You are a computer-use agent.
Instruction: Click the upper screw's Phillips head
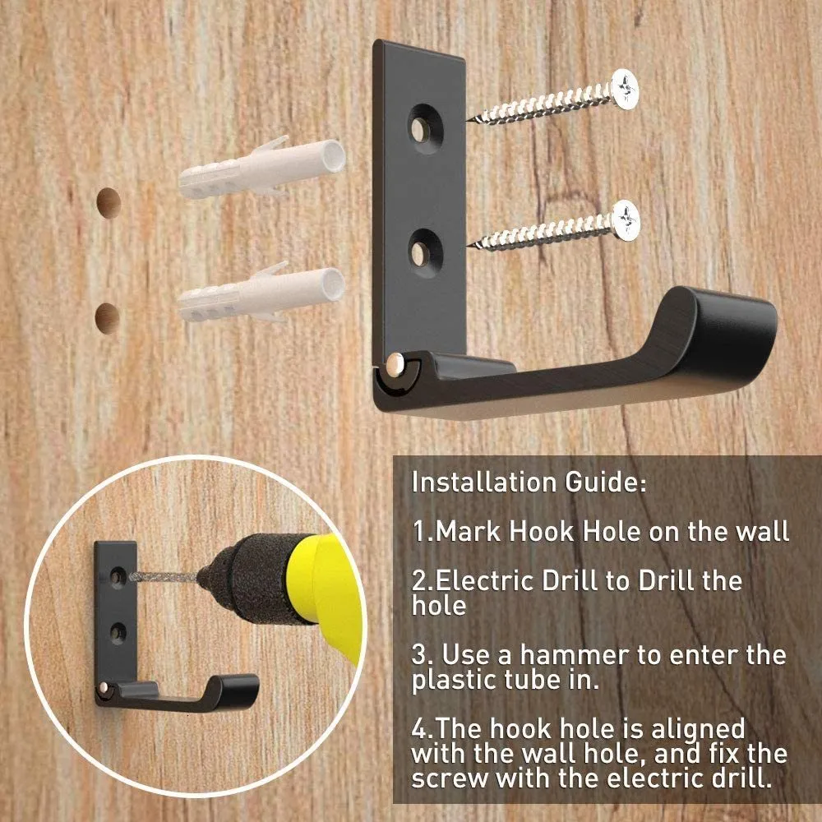click(x=625, y=89)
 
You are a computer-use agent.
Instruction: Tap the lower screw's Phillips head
click(x=626, y=220)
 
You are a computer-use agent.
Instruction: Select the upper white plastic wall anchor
click(x=262, y=167)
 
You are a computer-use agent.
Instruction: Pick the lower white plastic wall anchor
click(x=261, y=292)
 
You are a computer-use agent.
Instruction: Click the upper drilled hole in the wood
click(x=109, y=202)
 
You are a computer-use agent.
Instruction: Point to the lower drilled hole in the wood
click(x=108, y=318)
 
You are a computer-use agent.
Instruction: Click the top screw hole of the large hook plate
click(x=426, y=129)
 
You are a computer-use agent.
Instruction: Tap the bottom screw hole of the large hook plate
click(x=425, y=253)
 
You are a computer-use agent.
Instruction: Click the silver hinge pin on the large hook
click(x=396, y=363)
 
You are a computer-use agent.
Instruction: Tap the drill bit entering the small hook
click(x=163, y=578)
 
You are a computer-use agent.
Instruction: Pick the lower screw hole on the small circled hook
click(x=118, y=633)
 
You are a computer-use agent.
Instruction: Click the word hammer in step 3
click(x=575, y=655)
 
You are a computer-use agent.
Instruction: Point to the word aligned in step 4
click(x=698, y=729)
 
